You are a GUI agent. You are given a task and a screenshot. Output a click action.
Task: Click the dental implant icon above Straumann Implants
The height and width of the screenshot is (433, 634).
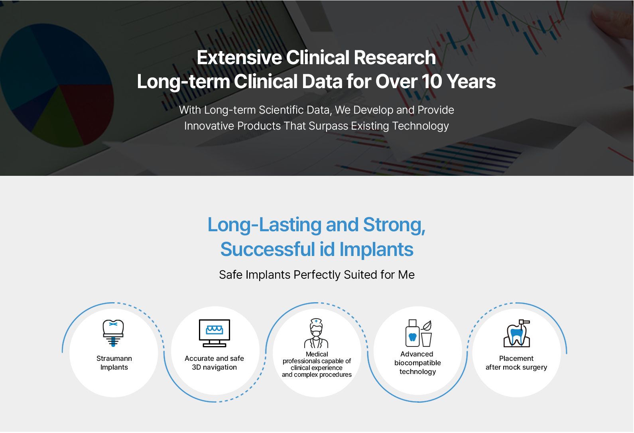113,333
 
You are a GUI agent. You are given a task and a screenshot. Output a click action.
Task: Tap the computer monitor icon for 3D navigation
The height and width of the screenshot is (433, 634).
215,333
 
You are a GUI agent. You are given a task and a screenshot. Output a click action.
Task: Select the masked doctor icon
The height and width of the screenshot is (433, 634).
316,333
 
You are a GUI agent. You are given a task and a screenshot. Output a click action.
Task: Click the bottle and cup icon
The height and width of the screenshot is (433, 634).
418,333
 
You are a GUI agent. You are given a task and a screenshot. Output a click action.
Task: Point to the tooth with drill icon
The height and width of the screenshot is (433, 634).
517,333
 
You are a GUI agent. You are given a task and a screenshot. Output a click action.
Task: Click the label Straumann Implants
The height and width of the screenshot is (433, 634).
114,363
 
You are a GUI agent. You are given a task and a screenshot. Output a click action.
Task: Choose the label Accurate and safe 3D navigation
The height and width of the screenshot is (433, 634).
214,363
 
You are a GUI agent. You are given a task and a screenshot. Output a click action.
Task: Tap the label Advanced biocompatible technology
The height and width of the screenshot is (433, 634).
417,363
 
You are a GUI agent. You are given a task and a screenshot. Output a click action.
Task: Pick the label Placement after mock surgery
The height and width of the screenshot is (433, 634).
516,363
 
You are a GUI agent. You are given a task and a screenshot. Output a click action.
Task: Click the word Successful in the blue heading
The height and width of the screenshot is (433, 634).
268,250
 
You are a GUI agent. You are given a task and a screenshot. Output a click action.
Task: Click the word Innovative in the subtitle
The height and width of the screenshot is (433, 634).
209,126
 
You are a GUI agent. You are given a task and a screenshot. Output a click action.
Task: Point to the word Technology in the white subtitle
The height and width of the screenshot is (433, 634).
420,126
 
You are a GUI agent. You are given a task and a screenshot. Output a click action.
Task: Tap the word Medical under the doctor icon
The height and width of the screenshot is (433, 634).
317,354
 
